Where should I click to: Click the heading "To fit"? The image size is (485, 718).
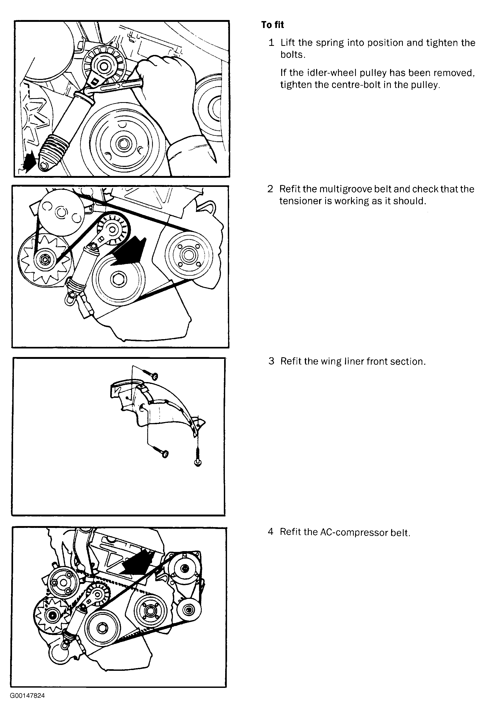pyautogui.click(x=272, y=25)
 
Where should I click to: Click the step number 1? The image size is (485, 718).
pyautogui.click(x=271, y=43)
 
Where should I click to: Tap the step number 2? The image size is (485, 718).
pyautogui.click(x=270, y=189)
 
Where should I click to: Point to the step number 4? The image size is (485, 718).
pyautogui.click(x=271, y=532)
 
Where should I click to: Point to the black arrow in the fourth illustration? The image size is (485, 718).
pyautogui.click(x=138, y=563)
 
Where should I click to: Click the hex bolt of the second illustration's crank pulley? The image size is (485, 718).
pyautogui.click(x=118, y=280)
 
